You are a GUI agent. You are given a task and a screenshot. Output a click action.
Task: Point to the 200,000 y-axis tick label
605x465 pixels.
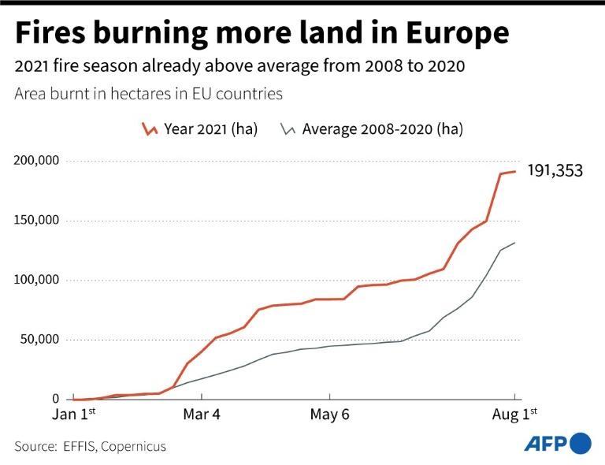[37, 161]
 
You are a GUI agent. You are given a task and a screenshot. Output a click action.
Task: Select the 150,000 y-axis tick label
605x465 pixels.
[37, 221]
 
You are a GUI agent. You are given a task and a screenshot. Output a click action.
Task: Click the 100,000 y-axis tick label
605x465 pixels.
[37, 281]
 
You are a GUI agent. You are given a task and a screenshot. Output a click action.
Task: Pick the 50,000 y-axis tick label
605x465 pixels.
[40, 340]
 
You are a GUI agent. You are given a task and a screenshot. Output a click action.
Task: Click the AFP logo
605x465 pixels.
[558, 444]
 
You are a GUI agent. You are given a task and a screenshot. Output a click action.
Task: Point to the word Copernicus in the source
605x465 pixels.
[132, 446]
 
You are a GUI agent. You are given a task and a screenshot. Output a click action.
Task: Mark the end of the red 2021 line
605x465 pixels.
[515, 171]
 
